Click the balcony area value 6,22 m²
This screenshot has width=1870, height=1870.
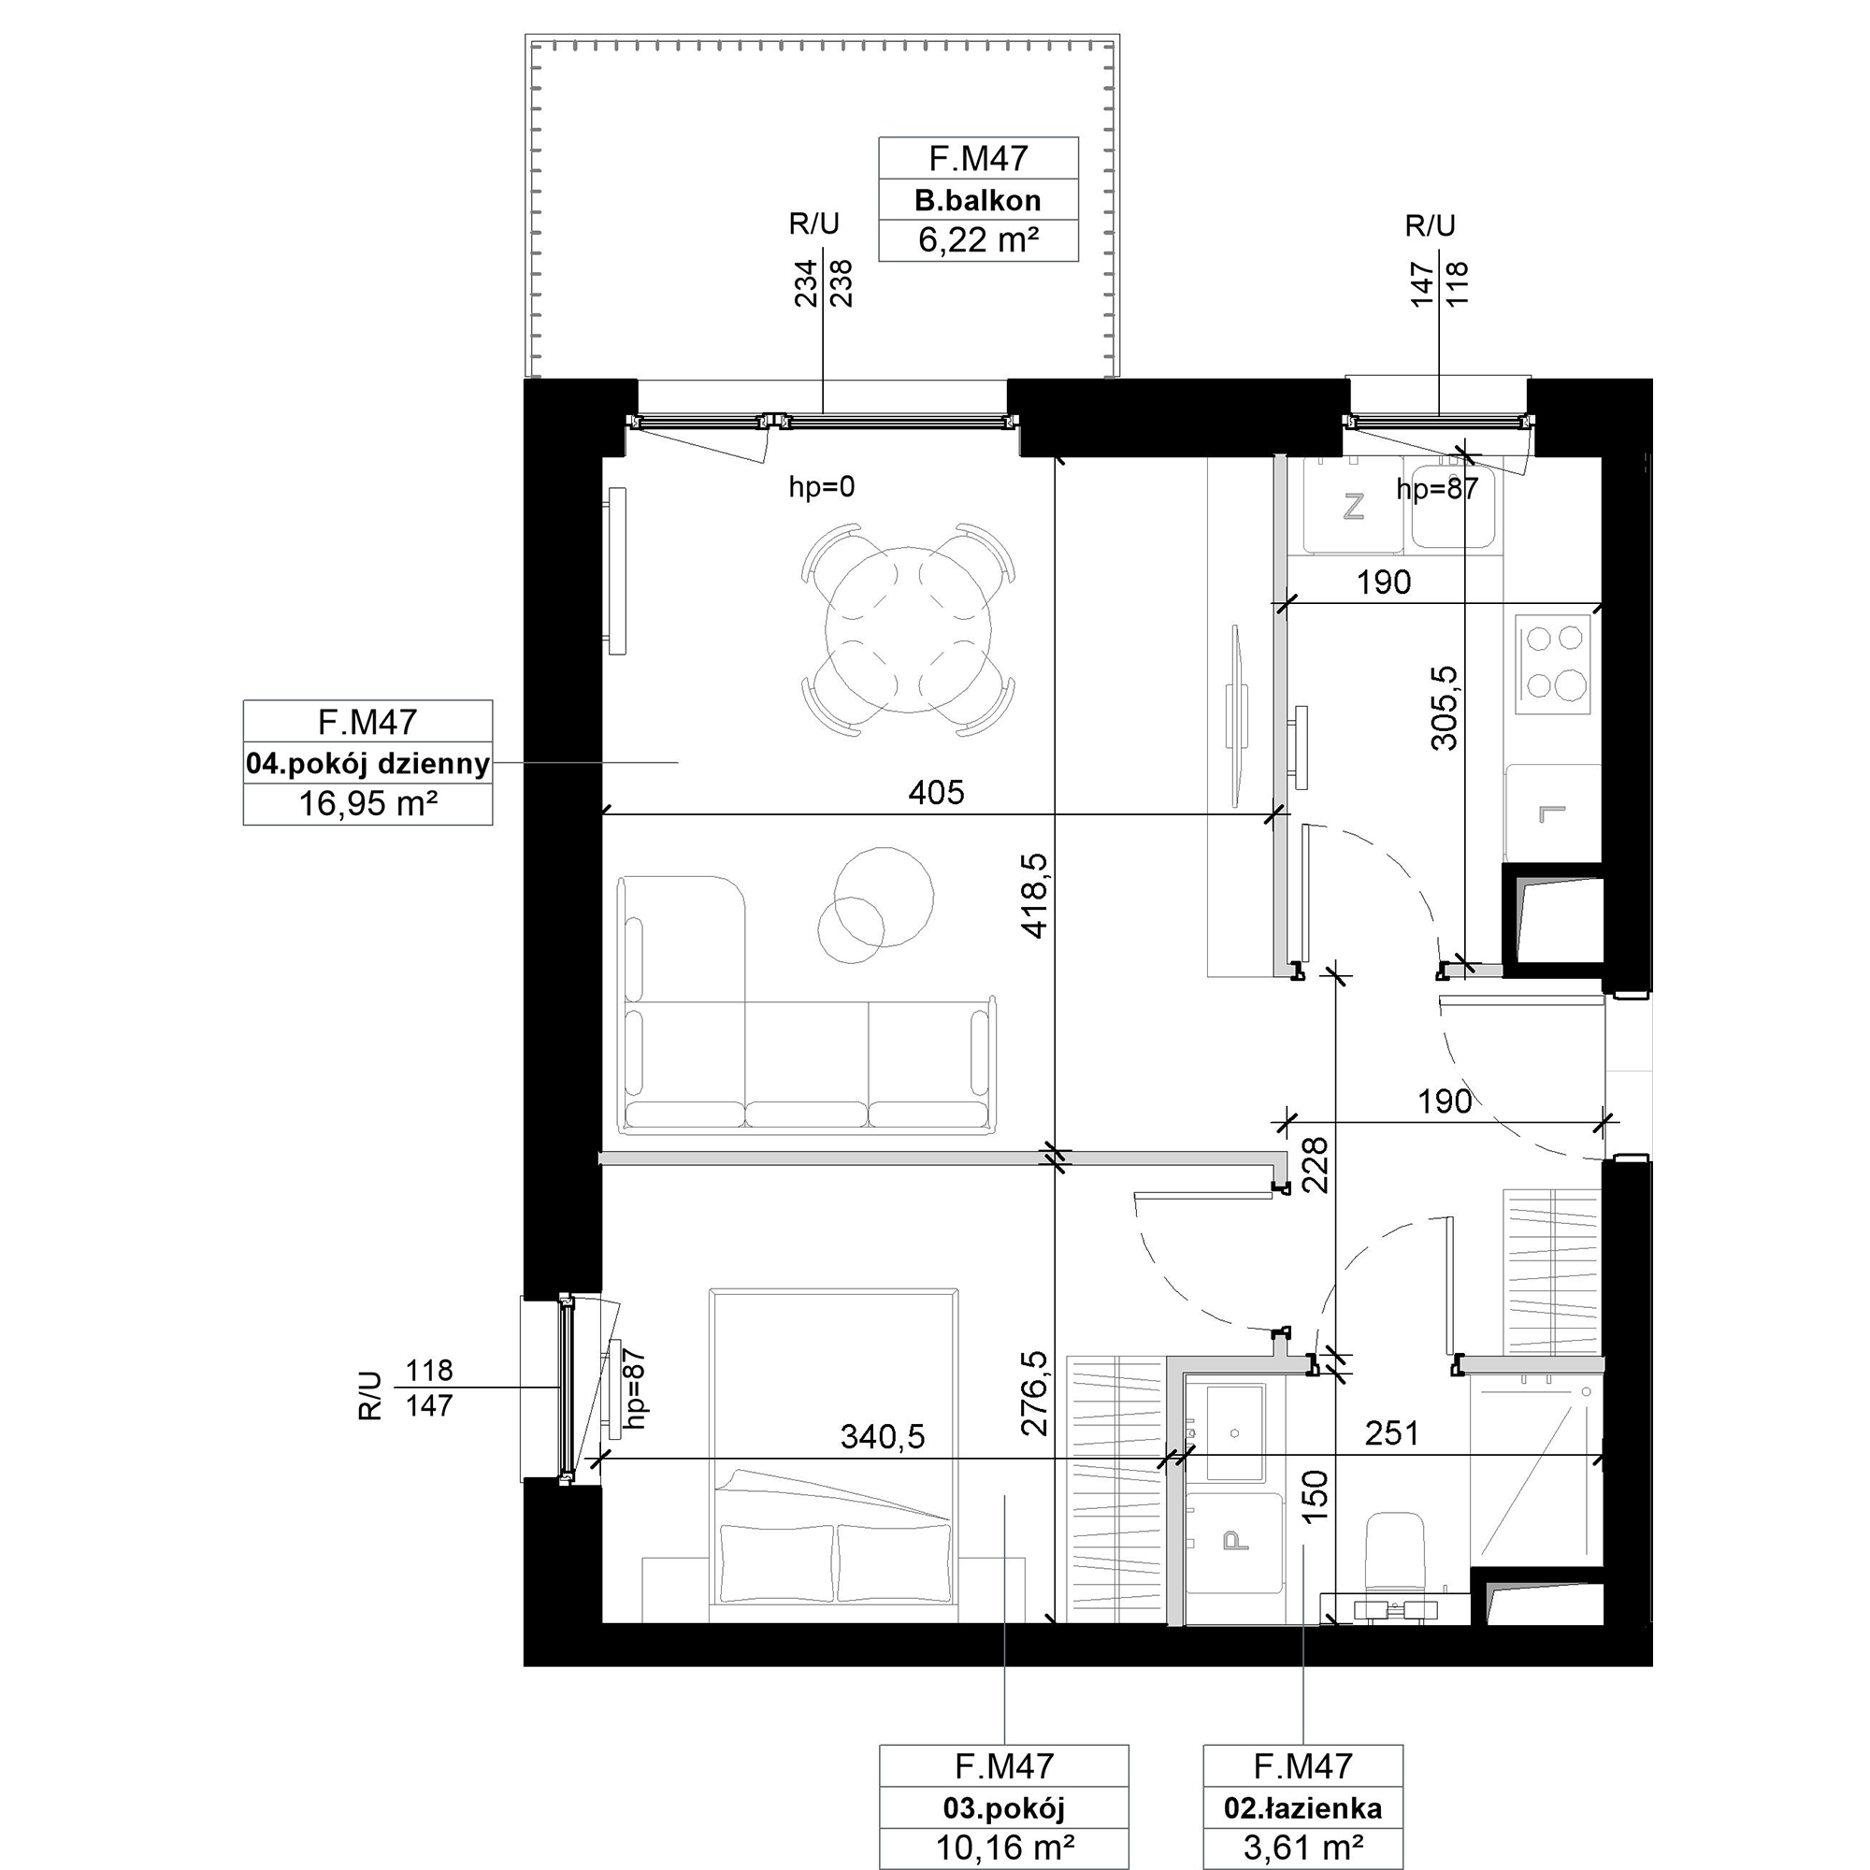coord(978,240)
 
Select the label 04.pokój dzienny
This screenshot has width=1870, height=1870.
coord(367,764)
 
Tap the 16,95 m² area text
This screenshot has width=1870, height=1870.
coord(367,803)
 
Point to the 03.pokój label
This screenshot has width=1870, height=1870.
coord(1003,1807)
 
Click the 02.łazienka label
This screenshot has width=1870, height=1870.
coord(1302,1807)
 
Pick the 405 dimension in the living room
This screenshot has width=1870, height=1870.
coord(936,793)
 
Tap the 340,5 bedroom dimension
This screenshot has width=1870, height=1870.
coord(882,1436)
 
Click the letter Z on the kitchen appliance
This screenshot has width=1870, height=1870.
coord(1353,506)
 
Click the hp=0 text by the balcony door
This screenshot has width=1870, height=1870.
coord(822,487)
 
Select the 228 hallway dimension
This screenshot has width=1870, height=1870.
coord(1316,1164)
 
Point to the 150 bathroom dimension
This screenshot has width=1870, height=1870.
coord(1315,1496)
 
